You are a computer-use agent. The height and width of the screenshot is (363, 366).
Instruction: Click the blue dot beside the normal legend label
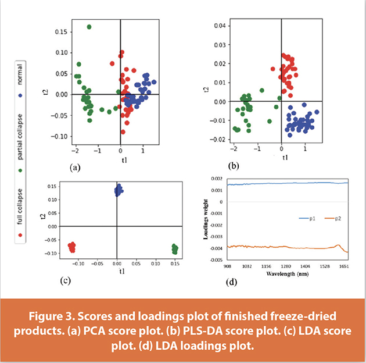pos(21,94)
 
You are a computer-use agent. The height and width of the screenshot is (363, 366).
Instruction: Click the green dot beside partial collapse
pos(21,170)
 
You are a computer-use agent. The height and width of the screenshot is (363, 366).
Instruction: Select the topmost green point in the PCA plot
pos(89,27)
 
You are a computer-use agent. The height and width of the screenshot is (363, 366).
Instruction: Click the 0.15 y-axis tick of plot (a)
pos(60,31)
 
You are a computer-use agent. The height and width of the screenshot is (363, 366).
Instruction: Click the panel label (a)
pos(74,166)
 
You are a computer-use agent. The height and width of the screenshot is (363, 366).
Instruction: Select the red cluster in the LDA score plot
pos(71,247)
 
